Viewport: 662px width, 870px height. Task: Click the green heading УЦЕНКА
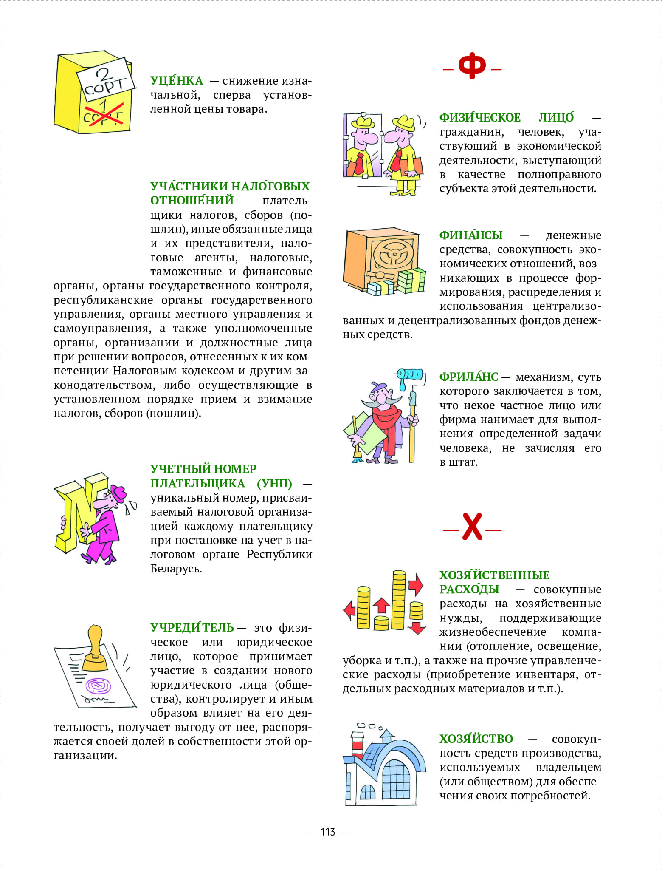(177, 81)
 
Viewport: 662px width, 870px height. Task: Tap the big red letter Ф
(472, 66)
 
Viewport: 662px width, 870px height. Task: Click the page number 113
(328, 832)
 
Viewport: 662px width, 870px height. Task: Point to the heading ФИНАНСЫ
(471, 235)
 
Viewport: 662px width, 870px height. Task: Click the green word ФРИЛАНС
(469, 377)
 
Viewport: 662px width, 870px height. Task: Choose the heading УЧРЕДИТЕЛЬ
(192, 628)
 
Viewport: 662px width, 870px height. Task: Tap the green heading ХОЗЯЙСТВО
(476, 739)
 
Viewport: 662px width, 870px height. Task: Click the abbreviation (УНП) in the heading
(274, 484)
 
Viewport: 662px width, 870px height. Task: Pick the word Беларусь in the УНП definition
(176, 569)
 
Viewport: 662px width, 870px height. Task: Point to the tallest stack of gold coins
(399, 599)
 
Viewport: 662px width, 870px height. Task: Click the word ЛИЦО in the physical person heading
(556, 118)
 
